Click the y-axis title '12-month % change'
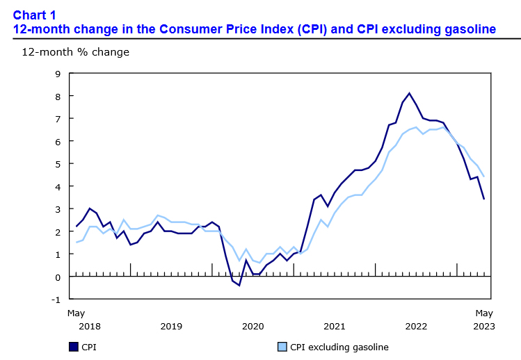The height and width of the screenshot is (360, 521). click(66, 52)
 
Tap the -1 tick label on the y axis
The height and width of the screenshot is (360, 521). click(56, 300)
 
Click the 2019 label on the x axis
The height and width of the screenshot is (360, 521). click(171, 325)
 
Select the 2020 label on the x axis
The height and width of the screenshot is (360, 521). click(253, 325)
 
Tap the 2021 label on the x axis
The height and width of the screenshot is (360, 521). click(334, 325)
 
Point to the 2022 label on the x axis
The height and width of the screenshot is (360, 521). click(416, 325)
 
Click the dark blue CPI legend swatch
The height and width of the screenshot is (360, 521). click(73, 346)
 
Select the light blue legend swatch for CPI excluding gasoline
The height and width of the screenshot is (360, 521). click(282, 346)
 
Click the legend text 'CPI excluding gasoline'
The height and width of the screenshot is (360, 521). click(339, 346)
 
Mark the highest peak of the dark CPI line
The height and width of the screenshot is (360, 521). click(409, 93)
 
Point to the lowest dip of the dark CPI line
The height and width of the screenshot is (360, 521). click(239, 285)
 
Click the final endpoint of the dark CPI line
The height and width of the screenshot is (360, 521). click(483, 199)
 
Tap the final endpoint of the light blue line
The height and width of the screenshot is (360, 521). click(483, 177)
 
